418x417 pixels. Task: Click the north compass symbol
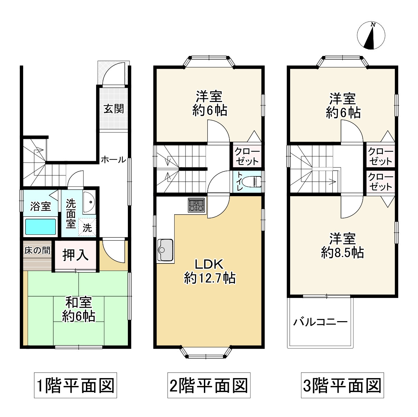(x=371, y=35)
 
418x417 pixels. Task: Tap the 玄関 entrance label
(x=114, y=109)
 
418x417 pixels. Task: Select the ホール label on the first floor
(x=114, y=160)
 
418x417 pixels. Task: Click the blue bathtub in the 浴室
(x=41, y=227)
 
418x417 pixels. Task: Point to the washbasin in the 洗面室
(x=89, y=202)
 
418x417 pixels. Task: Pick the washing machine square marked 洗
(x=87, y=227)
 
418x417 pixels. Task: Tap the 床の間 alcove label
(x=37, y=250)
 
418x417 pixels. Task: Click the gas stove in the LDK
(x=196, y=205)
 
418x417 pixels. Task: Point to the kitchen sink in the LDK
(x=165, y=250)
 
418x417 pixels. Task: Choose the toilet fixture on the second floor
(x=253, y=182)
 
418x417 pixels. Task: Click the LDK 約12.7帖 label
(x=210, y=272)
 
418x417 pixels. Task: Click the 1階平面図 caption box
(x=75, y=385)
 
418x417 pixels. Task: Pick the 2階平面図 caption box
(x=209, y=385)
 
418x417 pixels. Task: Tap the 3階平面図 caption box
(x=343, y=385)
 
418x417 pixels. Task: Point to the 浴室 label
(x=41, y=206)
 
